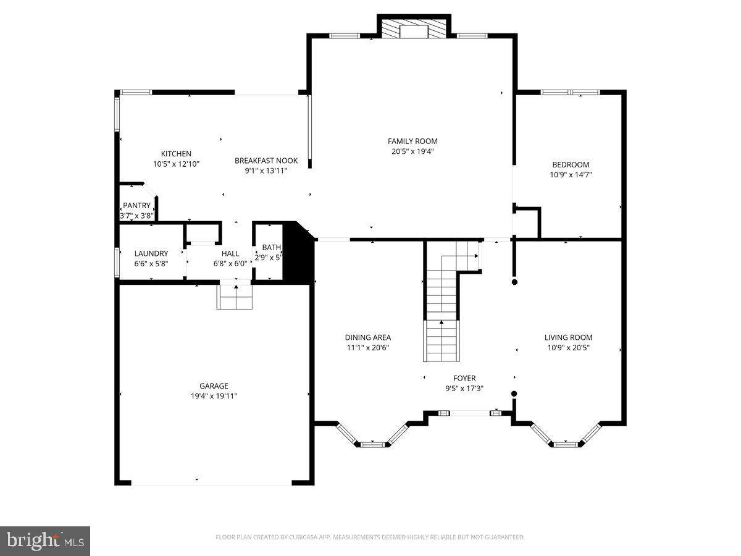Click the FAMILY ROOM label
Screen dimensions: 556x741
click(x=412, y=141)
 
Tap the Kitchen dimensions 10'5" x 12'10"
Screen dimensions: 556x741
click(x=176, y=164)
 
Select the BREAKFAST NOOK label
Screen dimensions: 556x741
click(x=266, y=161)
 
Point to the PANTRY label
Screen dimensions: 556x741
click(x=136, y=206)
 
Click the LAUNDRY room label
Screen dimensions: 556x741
click(x=151, y=253)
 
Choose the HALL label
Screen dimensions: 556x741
click(x=230, y=253)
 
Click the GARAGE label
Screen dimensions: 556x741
click(x=214, y=386)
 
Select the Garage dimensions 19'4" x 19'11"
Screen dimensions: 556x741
click(x=214, y=396)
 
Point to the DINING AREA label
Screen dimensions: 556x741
click(x=367, y=337)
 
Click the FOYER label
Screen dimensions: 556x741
click(x=464, y=378)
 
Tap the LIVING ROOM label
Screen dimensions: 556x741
click(x=568, y=337)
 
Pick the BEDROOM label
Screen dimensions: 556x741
click(x=571, y=164)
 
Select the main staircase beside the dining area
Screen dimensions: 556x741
click(x=442, y=321)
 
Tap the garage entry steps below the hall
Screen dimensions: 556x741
click(x=235, y=297)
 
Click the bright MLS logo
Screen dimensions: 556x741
click(x=45, y=541)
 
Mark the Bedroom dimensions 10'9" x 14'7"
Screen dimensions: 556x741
click(x=571, y=174)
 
